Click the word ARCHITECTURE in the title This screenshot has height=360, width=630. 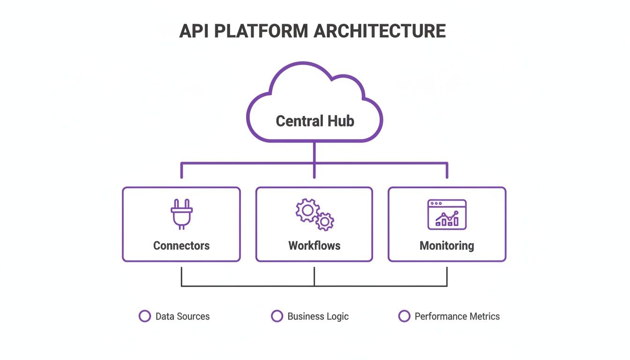380,31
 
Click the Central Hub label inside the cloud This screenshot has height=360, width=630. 315,121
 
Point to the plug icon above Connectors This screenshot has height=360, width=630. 181,214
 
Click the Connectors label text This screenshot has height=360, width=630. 181,246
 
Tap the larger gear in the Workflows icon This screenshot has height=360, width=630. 307,210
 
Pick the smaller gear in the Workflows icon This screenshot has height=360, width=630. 324,221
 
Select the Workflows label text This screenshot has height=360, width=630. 314,246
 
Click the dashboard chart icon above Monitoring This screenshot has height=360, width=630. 447,215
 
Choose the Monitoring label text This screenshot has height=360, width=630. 447,246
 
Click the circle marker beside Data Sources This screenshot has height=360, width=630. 145,316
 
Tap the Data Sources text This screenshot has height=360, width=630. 182,316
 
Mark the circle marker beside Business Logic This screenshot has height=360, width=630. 277,316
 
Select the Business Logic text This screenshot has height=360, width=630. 318,316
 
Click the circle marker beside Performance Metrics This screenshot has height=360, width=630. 404,316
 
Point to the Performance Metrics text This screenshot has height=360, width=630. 457,316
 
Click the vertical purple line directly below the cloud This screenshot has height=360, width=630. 314,152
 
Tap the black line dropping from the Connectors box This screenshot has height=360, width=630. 181,276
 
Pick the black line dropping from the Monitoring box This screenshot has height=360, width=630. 447,276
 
